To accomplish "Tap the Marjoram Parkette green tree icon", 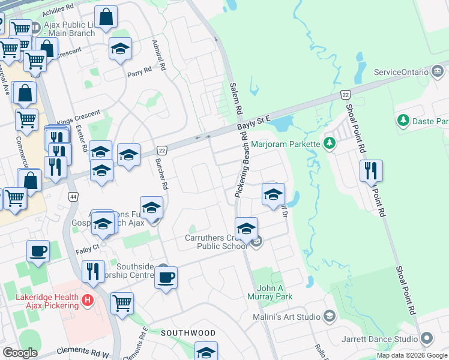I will [329, 143].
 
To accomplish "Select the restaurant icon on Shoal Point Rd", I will [370, 171].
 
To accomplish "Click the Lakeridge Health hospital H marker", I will [88, 298].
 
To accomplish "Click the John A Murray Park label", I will [270, 292].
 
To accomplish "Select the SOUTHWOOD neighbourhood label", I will [188, 332].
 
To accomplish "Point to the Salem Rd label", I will [235, 99].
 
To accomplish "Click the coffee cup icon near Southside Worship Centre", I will [166, 278].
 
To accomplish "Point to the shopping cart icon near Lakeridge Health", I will [122, 304].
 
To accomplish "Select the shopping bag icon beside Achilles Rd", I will [106, 18].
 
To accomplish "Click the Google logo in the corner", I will [20, 353].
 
